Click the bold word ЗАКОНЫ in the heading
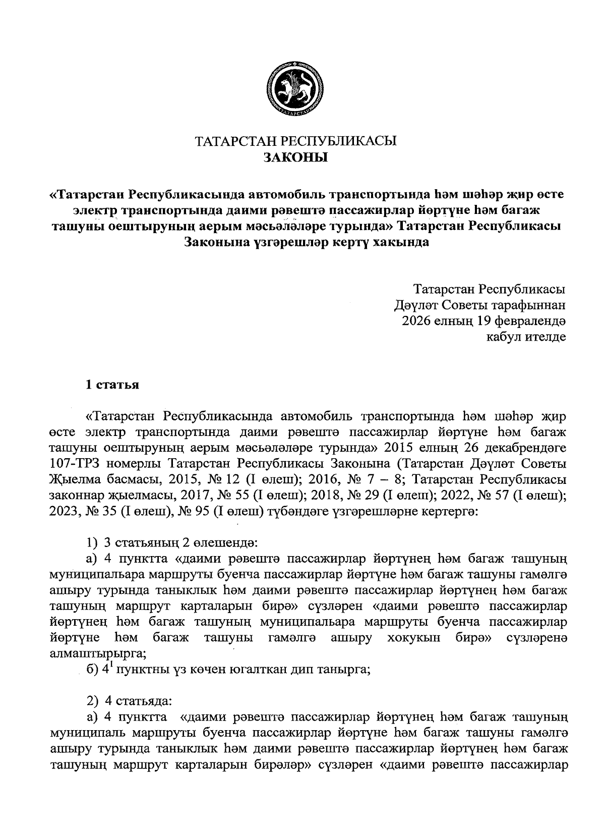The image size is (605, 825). click(295, 157)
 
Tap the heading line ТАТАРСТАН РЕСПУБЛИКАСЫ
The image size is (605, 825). click(296, 141)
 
